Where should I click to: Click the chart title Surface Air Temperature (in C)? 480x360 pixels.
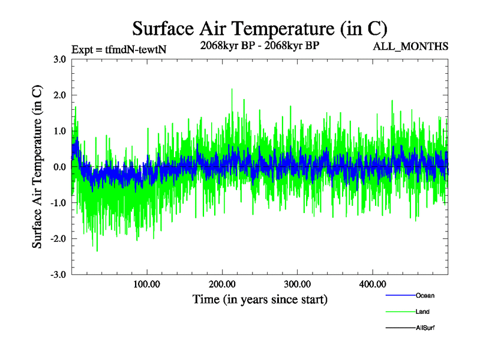click(259, 28)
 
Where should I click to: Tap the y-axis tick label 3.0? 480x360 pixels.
click(59, 59)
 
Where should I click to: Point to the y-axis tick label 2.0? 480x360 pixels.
click(59, 95)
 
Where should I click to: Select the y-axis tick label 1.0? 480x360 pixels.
click(59, 131)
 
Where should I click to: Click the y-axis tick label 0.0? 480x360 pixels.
click(59, 167)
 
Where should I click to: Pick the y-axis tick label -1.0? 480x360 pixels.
click(58, 203)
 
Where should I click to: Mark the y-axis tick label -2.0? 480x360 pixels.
click(58, 239)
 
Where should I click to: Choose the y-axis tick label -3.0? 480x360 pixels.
click(58, 275)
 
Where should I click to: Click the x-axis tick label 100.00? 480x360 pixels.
click(146, 284)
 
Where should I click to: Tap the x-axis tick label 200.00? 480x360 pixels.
click(221, 284)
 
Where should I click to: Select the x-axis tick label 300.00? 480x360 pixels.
click(296, 284)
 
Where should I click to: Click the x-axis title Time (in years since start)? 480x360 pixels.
click(260, 299)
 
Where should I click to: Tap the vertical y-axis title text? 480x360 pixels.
click(37, 167)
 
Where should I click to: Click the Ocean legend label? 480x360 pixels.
click(425, 295)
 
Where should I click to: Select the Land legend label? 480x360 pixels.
click(422, 311)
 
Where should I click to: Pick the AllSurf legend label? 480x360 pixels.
click(425, 328)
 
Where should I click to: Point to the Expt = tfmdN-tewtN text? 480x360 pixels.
click(118, 49)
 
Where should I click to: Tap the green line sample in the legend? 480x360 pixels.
click(400, 311)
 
